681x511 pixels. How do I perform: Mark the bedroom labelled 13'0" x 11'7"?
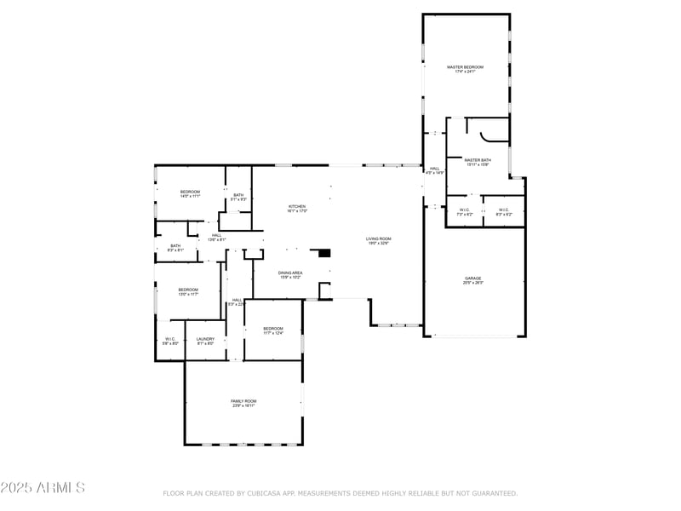(188, 291)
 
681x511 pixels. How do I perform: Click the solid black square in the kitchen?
(323, 252)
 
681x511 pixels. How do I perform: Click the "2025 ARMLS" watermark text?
(43, 488)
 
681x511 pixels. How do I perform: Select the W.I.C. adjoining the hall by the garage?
(465, 212)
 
